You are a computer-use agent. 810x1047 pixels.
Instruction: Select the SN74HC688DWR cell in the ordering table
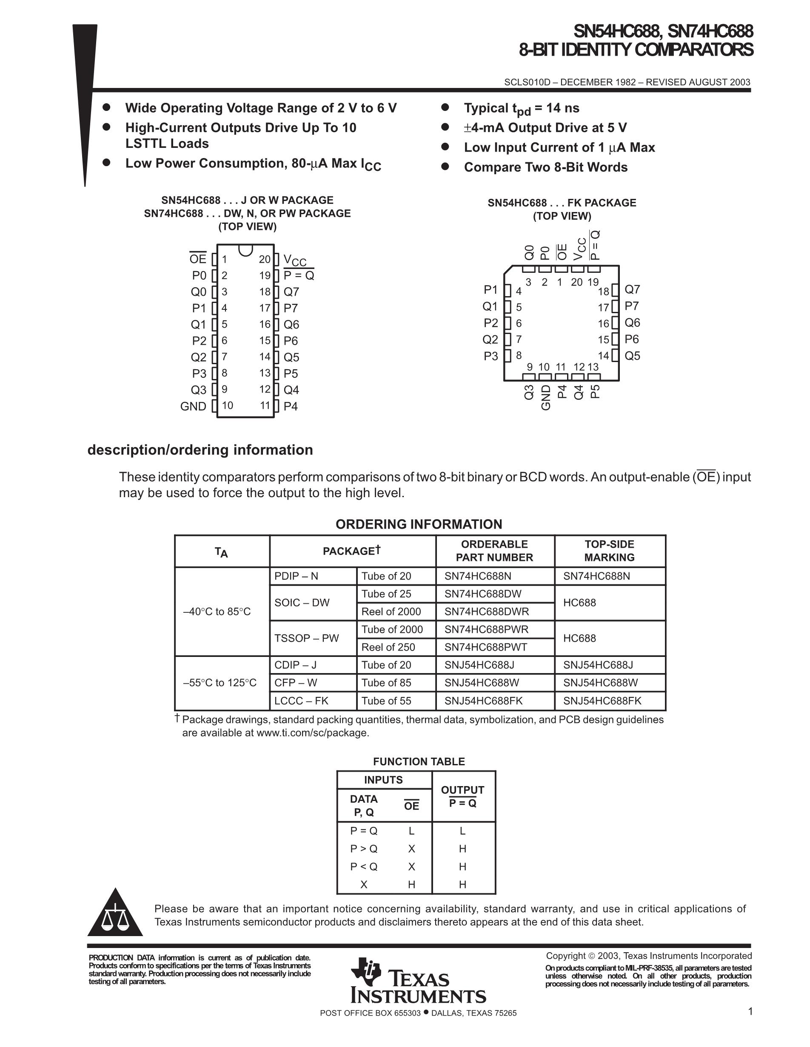487,612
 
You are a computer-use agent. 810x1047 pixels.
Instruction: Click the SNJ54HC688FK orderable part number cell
483,701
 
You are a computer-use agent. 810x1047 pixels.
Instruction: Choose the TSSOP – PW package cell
307,638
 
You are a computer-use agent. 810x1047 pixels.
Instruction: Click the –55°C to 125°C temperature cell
220,683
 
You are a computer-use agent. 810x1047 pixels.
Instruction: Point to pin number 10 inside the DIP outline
227,405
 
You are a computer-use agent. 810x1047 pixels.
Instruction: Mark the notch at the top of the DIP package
246,249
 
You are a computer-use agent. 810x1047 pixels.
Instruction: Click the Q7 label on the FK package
632,289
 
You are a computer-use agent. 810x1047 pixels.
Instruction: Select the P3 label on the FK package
491,356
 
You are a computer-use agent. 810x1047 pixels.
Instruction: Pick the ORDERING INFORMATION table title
419,524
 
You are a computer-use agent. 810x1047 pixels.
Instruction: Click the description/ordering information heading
200,450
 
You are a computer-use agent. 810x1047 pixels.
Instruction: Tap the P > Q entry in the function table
364,849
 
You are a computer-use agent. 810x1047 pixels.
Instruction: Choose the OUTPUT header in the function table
462,790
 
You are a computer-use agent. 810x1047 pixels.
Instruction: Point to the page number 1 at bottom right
750,1012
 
